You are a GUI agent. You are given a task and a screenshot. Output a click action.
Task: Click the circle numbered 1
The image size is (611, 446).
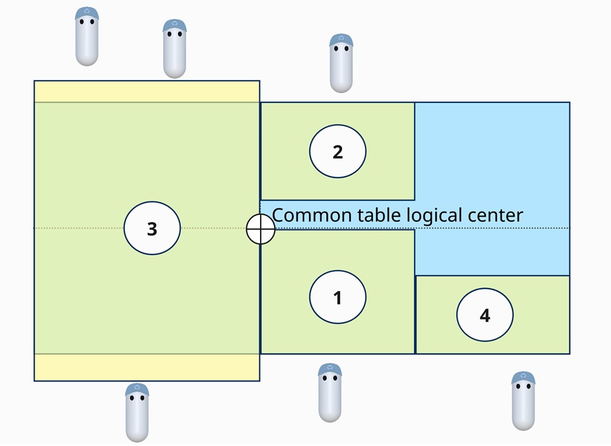(338, 297)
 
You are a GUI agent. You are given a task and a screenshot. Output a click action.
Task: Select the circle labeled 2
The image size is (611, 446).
(338, 152)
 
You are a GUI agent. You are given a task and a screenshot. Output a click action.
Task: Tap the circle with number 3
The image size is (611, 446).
(152, 228)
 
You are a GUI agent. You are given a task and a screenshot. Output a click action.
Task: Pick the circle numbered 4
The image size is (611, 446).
(485, 315)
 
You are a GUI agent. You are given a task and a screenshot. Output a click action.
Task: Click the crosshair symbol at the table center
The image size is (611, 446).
(261, 229)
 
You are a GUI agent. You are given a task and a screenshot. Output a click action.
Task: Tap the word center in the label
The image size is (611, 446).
(495, 215)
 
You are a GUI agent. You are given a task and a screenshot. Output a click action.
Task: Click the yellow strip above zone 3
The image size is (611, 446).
(146, 92)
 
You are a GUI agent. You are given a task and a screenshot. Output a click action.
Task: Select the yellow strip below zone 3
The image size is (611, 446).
(146, 367)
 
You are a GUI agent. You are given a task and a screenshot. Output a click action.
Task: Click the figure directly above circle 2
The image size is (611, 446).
(341, 63)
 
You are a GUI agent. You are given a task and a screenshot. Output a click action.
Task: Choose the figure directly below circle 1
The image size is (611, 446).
(329, 392)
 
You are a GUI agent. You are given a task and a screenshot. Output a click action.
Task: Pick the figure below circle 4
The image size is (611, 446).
(523, 401)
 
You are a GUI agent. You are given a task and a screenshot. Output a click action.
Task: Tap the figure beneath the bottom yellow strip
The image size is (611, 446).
(137, 412)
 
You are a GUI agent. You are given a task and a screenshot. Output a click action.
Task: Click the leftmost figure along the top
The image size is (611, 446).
(87, 37)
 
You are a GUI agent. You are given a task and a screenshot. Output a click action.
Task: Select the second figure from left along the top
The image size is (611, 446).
(174, 49)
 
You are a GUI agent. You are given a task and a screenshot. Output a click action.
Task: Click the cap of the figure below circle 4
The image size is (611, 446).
(523, 378)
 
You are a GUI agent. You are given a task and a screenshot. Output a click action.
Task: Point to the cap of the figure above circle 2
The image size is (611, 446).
(341, 41)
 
